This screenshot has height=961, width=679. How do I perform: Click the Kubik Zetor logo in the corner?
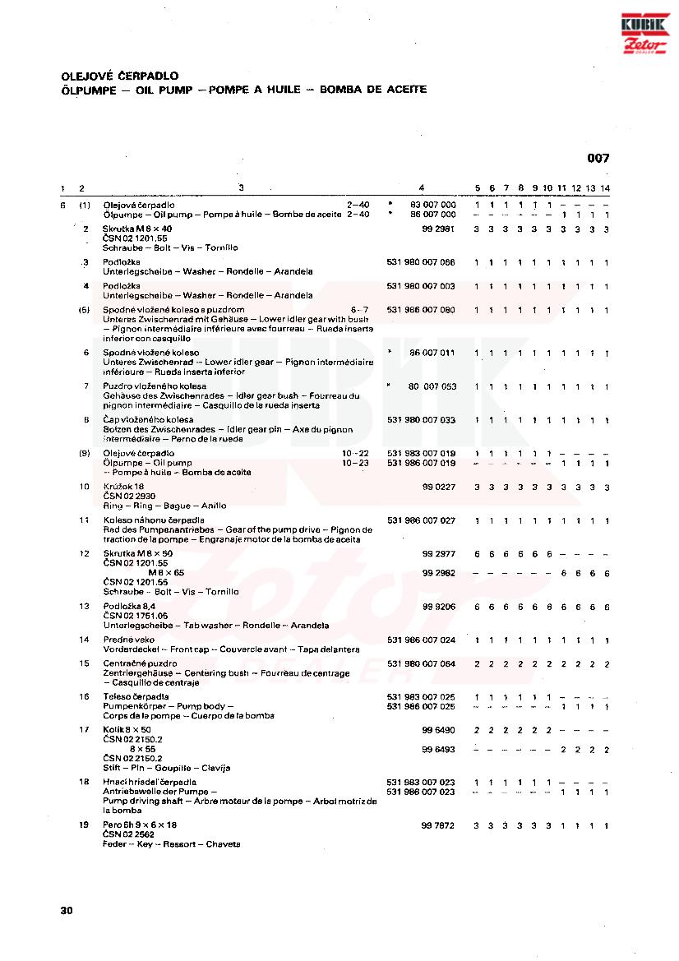point(644,35)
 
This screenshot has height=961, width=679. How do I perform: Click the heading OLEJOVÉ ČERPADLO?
point(120,76)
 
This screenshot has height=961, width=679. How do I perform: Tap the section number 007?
point(598,159)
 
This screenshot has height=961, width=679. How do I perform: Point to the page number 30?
point(67,911)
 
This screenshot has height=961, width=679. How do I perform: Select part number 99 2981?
point(439,229)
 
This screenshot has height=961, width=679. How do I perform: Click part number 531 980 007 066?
point(421,262)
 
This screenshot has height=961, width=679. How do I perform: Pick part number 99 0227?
point(439,487)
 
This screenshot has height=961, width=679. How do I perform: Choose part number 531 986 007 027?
point(421,520)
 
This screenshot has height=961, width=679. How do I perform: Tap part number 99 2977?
point(439,554)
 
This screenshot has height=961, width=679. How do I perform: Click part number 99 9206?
point(439,607)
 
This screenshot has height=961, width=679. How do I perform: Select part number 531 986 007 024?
point(421,640)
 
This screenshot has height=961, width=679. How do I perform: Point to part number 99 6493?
point(439,750)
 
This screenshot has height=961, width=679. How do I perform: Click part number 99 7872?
point(439,825)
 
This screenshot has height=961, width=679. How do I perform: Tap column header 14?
point(605,188)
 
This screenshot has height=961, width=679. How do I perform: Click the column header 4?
point(422,188)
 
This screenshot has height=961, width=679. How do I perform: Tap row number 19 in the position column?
point(84,825)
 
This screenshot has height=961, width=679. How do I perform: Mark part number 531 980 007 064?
point(421,663)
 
